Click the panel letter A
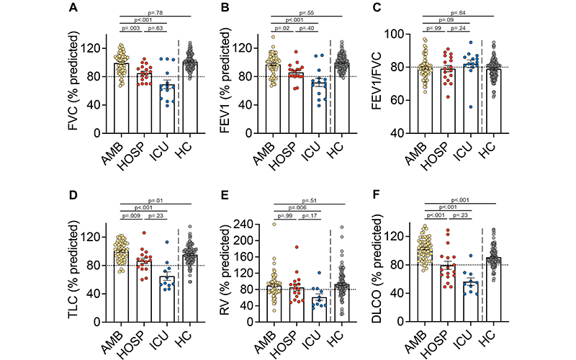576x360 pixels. [x=74, y=9]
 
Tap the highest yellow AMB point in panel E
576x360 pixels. [x=274, y=224]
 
